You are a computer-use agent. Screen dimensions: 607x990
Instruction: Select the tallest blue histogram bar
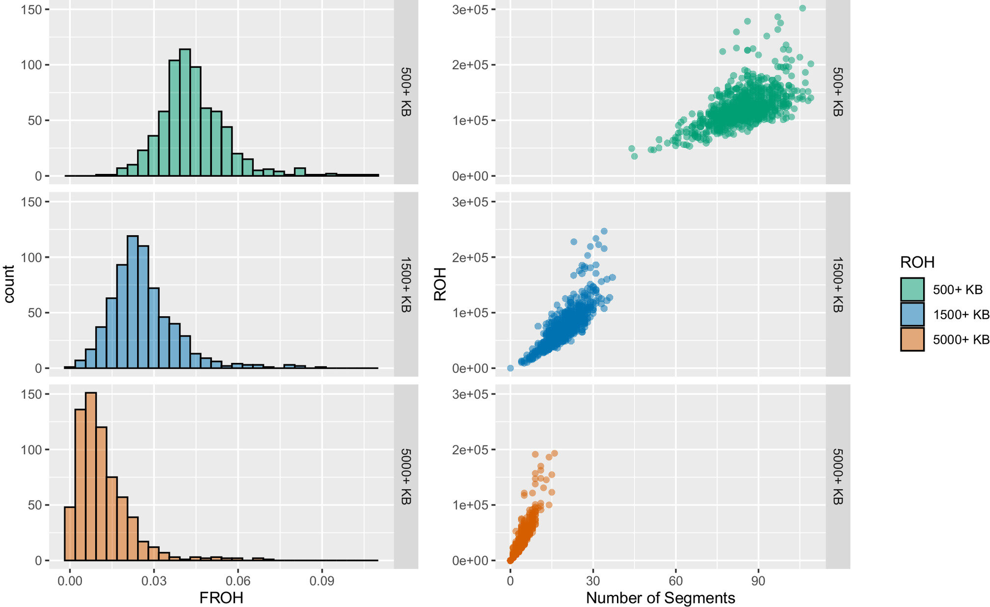[133, 302]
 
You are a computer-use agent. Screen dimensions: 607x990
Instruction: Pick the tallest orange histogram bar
[91, 476]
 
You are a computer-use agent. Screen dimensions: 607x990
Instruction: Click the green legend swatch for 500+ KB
[912, 289]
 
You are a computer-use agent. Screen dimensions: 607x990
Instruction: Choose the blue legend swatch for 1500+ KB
[912, 314]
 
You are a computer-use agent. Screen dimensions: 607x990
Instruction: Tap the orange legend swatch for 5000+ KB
[912, 339]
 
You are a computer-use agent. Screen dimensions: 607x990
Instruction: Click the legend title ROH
[917, 262]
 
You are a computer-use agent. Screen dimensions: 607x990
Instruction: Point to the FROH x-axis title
[221, 598]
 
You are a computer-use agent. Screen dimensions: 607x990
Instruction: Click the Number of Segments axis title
[660, 598]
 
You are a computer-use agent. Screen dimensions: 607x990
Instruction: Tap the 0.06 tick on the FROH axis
[238, 581]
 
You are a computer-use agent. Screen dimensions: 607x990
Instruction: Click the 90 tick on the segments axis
[758, 581]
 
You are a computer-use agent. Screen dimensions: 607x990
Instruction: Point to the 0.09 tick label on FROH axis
[322, 581]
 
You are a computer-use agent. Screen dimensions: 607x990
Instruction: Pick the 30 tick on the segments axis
[593, 581]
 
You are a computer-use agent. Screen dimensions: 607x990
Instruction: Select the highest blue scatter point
[604, 231]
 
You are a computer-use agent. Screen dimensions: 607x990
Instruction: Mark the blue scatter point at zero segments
[510, 368]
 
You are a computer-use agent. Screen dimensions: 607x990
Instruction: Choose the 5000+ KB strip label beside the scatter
[837, 476]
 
